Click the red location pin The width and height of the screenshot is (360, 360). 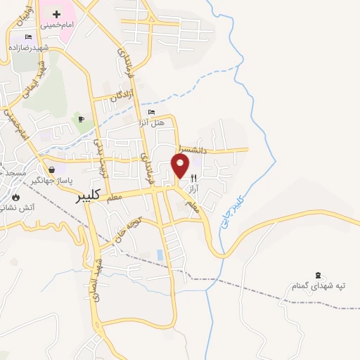point(180,166)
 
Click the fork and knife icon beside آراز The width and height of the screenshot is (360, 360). point(193,179)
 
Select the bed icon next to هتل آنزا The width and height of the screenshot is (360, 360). point(151,112)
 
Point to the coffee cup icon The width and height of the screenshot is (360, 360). point(82,120)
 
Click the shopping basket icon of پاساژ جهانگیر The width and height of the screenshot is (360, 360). point(52,169)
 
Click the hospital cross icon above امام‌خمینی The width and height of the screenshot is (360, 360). point(56,13)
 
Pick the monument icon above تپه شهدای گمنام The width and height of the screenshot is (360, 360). point(320,274)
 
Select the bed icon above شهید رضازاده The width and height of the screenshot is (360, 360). point(28,37)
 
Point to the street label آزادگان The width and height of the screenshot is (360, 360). point(121,97)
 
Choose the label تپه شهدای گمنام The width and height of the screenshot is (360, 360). point(320,286)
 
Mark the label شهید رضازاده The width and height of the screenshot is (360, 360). point(28,47)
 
